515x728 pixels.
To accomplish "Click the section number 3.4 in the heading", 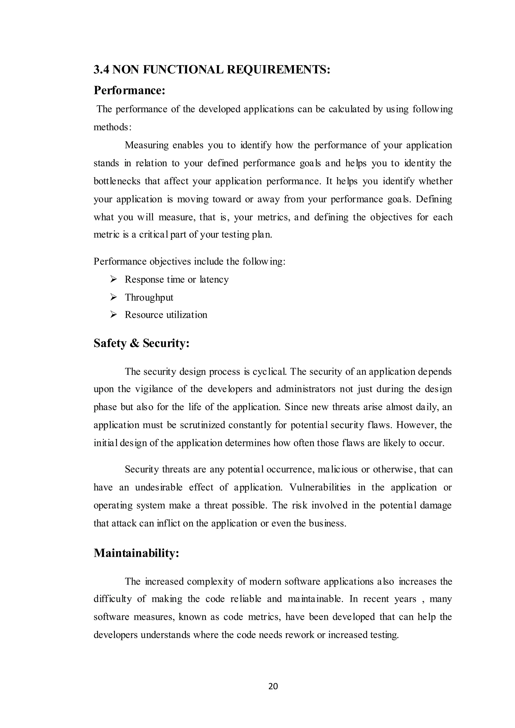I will click(x=102, y=69).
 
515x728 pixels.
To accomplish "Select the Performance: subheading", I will click(x=130, y=91).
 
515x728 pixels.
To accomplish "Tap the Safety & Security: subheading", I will click(x=141, y=343).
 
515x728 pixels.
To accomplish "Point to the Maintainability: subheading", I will click(x=136, y=553).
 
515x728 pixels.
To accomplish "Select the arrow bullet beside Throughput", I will click(x=113, y=297).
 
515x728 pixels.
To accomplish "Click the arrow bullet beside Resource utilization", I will click(x=113, y=314).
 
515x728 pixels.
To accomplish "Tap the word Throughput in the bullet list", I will click(x=149, y=298).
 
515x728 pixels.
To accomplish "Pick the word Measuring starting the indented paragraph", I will click(x=146, y=146).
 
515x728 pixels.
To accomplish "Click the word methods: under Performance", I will click(x=112, y=127).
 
